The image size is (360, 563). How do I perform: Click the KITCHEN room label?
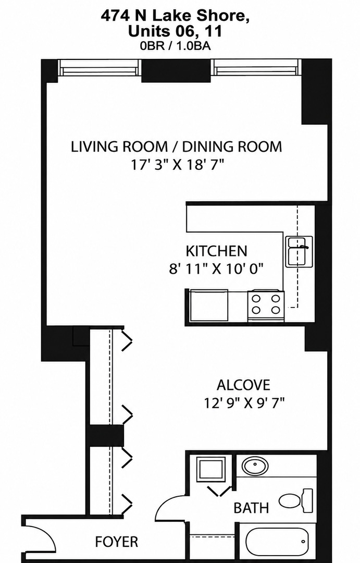pyautogui.click(x=216, y=251)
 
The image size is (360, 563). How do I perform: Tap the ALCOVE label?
pyautogui.click(x=243, y=385)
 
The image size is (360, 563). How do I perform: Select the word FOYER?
pyautogui.click(x=116, y=542)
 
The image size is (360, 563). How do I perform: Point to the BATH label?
pyautogui.click(x=251, y=508)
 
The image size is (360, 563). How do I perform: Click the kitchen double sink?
pyautogui.click(x=299, y=251)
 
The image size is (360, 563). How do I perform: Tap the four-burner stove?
pyautogui.click(x=266, y=304)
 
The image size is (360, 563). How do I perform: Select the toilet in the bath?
pyautogui.click(x=296, y=500)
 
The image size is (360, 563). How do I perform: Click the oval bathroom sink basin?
pyautogui.click(x=255, y=466)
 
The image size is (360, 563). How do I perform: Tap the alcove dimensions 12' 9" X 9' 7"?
pyautogui.click(x=244, y=402)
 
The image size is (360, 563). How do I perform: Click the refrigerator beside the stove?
pyautogui.click(x=208, y=305)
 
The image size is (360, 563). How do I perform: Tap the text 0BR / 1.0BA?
pyautogui.click(x=176, y=46)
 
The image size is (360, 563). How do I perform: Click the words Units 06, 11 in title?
pyautogui.click(x=175, y=32)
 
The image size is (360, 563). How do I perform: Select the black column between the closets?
pyautogui.click(x=105, y=435)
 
